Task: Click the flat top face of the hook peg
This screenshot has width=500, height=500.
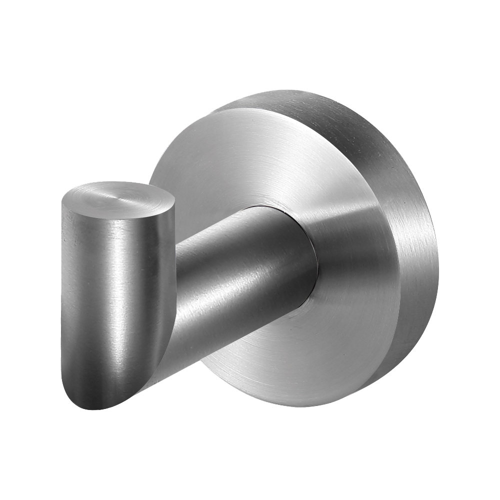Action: [x=117, y=197]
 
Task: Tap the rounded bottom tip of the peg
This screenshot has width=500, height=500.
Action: [x=97, y=402]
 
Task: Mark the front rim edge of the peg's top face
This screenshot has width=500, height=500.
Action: [x=115, y=214]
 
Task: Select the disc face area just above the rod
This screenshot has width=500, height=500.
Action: [x=260, y=180]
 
